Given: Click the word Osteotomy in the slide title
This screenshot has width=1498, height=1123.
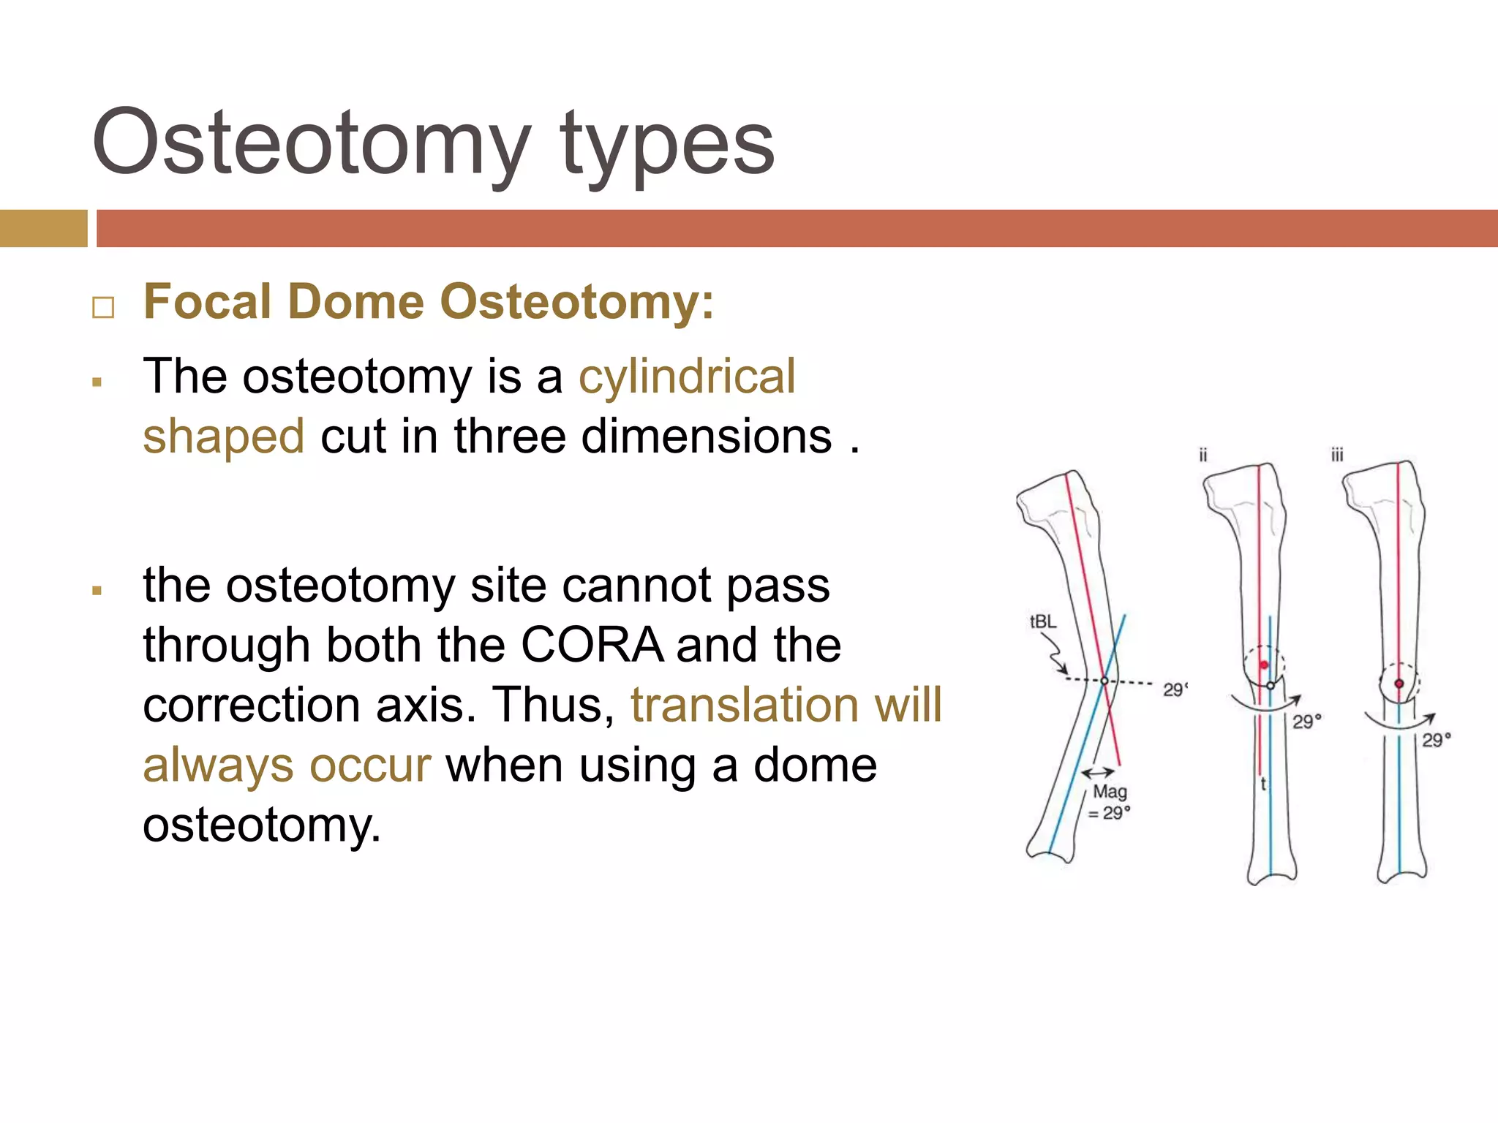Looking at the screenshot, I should pyautogui.click(x=311, y=143).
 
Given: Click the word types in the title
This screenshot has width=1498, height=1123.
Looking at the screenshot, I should pyautogui.click(x=667, y=146).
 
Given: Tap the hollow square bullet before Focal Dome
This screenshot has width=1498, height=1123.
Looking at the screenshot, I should pyautogui.click(x=103, y=307).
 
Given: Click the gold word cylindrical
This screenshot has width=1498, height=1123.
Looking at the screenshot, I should pyautogui.click(x=687, y=377).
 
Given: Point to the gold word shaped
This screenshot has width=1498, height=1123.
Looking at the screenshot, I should pyautogui.click(x=223, y=436).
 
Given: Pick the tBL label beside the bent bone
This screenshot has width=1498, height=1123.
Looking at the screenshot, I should pyautogui.click(x=1042, y=621).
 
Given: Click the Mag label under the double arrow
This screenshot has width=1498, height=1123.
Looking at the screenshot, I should pyautogui.click(x=1110, y=792).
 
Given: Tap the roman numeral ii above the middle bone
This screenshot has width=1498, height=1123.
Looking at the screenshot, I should pyautogui.click(x=1202, y=455).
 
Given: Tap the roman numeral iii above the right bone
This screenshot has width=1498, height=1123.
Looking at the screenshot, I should pyautogui.click(x=1337, y=455).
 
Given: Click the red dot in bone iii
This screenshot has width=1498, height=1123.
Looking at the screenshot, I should pyautogui.click(x=1399, y=684).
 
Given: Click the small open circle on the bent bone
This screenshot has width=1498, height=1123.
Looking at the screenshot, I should pyautogui.click(x=1104, y=681).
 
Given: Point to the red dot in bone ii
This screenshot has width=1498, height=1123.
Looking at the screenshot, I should pyautogui.click(x=1264, y=665).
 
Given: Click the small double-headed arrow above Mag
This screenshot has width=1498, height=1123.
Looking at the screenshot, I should pyautogui.click(x=1098, y=772).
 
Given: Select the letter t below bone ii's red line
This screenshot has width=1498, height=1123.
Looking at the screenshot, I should pyautogui.click(x=1263, y=784).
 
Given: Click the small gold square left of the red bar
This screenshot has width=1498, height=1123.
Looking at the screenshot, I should pyautogui.click(x=43, y=228).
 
